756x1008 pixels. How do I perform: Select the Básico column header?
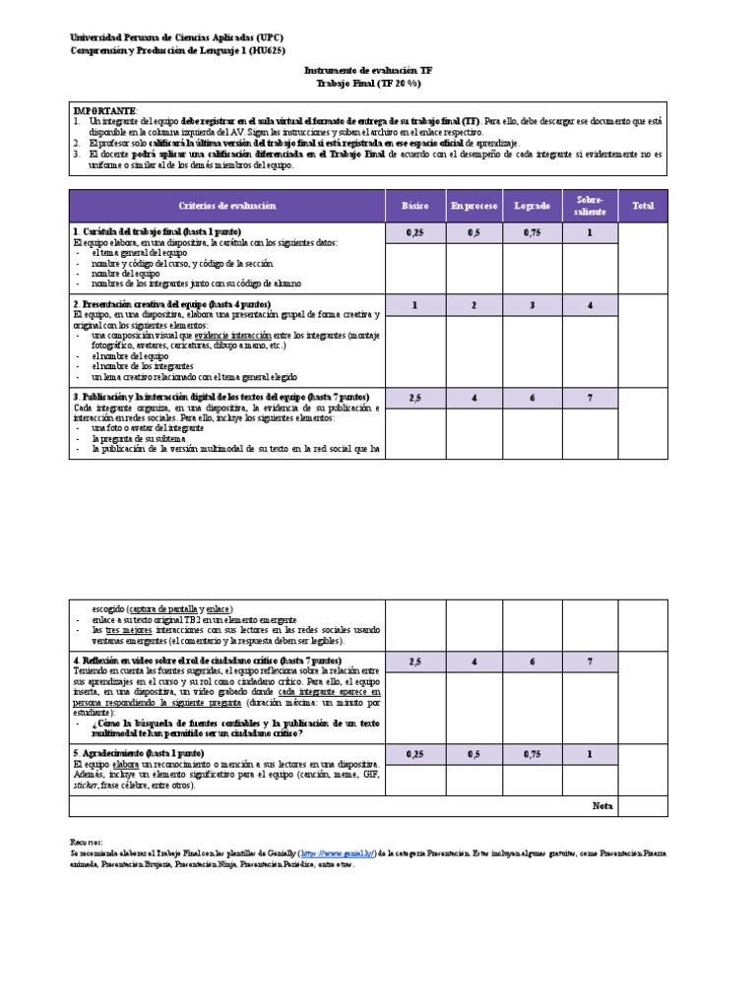pos(414,207)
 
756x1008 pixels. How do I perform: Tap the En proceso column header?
pos(473,207)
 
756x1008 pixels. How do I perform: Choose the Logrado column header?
pos(533,207)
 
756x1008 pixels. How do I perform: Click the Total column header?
pos(643,207)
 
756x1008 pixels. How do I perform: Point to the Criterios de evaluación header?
pos(227,206)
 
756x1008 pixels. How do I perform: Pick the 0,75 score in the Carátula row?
pos(533,233)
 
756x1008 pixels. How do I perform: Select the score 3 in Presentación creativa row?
pos(533,305)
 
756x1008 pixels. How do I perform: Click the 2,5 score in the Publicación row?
pos(414,398)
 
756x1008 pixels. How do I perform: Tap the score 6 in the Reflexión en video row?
pos(533,662)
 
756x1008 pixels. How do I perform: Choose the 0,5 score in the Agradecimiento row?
pos(473,754)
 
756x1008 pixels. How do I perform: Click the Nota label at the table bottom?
pos(602,806)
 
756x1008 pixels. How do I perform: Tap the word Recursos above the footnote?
pos(86,844)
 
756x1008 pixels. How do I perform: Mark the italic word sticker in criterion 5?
pos(86,787)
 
